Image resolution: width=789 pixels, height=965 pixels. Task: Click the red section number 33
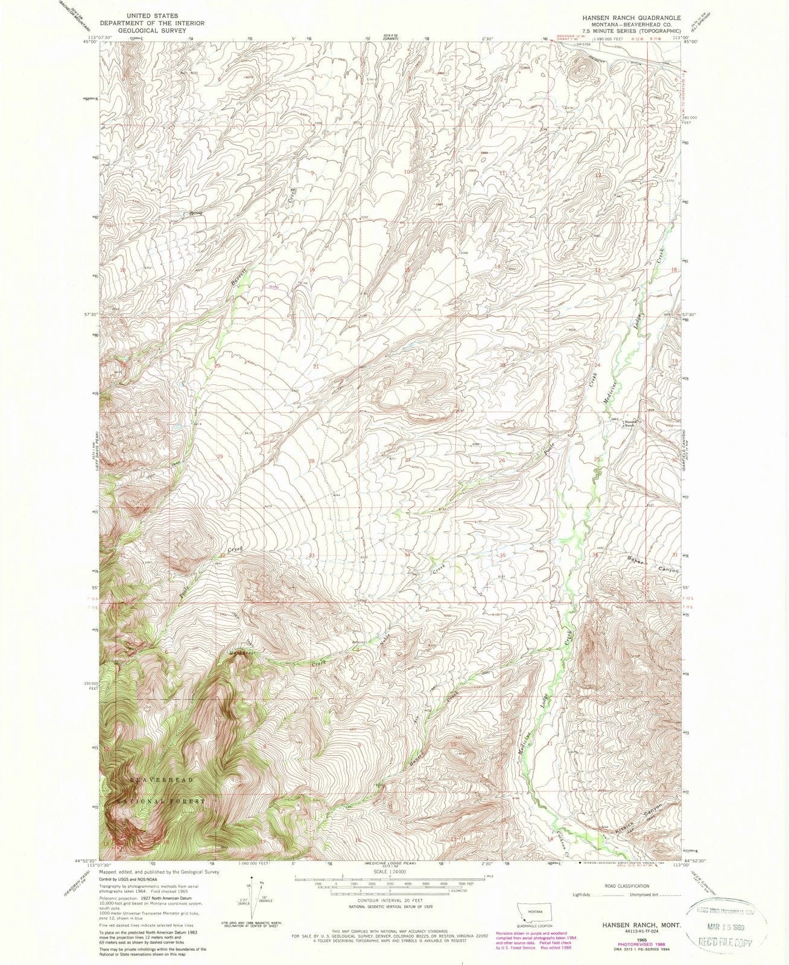point(312,555)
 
